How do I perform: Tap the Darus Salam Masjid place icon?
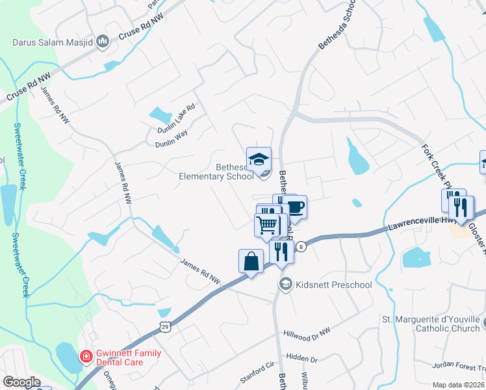(x=103, y=43)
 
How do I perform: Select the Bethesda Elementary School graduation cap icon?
(x=259, y=159)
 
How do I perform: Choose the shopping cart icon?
(x=266, y=226)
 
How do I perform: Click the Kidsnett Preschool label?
(x=333, y=285)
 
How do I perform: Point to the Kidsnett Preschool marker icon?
(x=285, y=284)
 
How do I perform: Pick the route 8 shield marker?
(x=301, y=246)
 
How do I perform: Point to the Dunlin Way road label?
(x=172, y=138)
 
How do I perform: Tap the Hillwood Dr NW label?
(x=307, y=333)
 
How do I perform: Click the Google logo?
(x=21, y=382)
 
